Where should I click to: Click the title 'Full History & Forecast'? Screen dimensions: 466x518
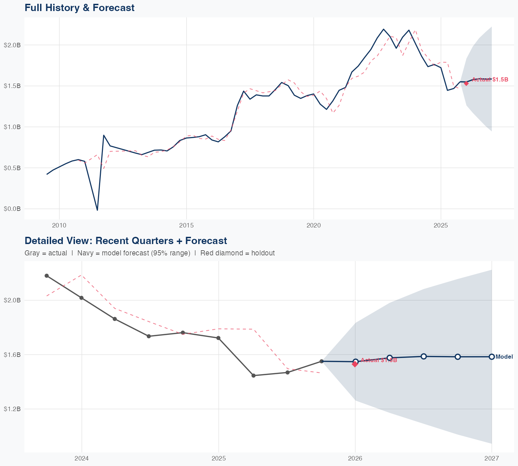[79, 8]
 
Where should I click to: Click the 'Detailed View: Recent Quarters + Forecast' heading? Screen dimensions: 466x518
[126, 241]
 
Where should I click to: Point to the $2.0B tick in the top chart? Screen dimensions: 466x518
[12, 45]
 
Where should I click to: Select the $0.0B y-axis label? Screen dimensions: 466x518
[12, 209]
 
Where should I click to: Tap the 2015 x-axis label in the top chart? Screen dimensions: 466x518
[186, 225]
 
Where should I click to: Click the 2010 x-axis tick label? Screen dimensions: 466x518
[59, 225]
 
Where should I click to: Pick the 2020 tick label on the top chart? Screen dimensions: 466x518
[314, 225]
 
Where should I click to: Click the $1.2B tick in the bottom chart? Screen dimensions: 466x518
[12, 409]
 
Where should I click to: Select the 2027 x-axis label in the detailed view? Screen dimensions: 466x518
[491, 458]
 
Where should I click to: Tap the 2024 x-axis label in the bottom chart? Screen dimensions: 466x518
[82, 458]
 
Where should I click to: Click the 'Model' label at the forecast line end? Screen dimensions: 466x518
[504, 357]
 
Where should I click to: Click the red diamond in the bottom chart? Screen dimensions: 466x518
[355, 364]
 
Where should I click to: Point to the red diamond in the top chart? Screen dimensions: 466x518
[466, 83]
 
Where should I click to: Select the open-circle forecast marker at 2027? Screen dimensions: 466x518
[492, 357]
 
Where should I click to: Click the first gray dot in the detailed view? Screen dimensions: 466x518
[47, 276]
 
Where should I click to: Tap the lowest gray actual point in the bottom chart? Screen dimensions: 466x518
[253, 376]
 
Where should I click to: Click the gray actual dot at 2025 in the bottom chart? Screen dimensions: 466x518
[219, 338]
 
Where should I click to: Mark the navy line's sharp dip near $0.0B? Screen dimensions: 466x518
[97, 210]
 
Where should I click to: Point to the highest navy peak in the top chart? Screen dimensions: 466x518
[384, 29]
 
